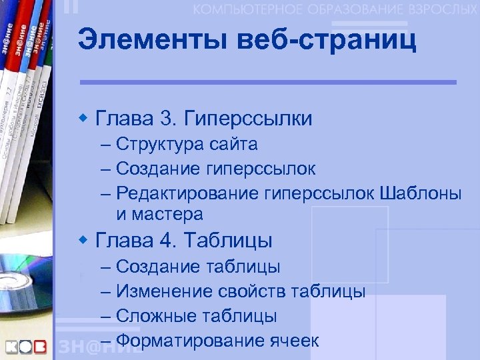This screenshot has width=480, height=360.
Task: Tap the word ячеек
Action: pos(295,341)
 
